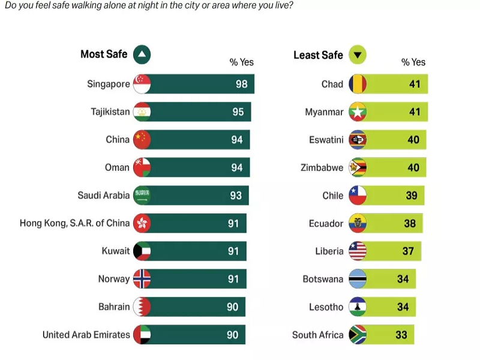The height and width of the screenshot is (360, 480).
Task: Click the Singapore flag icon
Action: (x=142, y=84)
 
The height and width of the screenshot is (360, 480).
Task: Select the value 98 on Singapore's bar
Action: (x=241, y=84)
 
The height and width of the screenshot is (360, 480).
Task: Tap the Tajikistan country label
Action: (x=110, y=112)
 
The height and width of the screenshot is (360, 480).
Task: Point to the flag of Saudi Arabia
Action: (x=142, y=196)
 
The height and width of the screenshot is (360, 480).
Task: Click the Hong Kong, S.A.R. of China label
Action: (x=74, y=223)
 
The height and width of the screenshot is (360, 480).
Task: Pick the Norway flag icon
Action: (x=142, y=279)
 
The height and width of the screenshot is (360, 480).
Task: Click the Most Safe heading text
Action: (x=104, y=55)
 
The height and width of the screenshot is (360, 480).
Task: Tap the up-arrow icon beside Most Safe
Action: (x=142, y=55)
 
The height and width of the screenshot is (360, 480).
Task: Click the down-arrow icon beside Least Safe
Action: (x=357, y=55)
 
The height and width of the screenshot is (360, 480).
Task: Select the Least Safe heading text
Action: (x=318, y=55)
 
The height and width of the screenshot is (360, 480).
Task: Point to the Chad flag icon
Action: (x=357, y=84)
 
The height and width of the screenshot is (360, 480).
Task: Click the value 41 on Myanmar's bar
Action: (x=415, y=112)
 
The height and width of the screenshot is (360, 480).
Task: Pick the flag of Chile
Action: (x=357, y=196)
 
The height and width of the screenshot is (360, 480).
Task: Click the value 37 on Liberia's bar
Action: (x=408, y=251)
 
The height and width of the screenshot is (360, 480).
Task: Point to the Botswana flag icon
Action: (x=357, y=279)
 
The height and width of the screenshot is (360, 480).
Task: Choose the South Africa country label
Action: (x=317, y=335)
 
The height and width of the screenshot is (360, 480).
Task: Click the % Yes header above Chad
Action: (x=413, y=62)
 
